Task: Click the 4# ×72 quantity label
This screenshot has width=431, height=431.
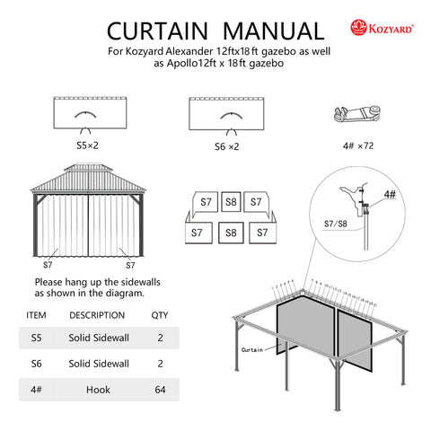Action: coord(358,145)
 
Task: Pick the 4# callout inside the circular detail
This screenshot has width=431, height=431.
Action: coord(388,193)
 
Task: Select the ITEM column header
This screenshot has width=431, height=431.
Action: coord(37,315)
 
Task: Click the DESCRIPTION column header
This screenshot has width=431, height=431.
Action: coord(97,315)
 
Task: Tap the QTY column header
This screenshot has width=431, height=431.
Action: coord(159,315)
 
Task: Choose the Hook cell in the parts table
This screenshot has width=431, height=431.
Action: coord(99,391)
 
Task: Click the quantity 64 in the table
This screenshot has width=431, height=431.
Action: coord(159,391)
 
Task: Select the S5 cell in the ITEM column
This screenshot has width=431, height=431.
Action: coord(36,339)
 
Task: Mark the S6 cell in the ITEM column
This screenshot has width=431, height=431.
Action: coord(36,365)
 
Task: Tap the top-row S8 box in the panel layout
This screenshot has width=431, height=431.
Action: coord(231,202)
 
